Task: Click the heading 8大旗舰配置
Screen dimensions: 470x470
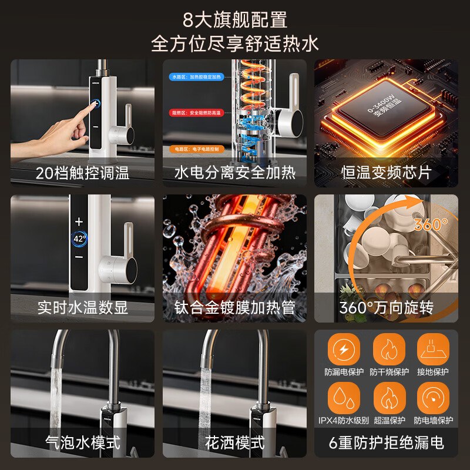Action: [x=235, y=20]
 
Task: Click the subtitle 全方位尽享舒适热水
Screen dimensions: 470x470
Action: [x=235, y=44]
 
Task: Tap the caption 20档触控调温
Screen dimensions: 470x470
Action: [x=82, y=173]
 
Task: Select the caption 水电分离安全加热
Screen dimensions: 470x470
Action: [x=234, y=173]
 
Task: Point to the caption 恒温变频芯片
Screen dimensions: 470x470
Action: [x=386, y=173]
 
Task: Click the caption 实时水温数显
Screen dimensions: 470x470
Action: [x=82, y=307]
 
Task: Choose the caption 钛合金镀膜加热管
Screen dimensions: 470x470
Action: [x=234, y=307]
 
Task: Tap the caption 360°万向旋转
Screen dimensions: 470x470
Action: [x=386, y=307]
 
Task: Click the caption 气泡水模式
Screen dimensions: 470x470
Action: [x=82, y=442]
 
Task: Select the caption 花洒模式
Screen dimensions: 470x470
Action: [x=234, y=442]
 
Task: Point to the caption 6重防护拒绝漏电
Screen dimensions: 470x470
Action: [x=386, y=442]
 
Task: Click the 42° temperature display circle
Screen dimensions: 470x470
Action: [x=79, y=239]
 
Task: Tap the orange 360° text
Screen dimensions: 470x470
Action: [x=431, y=224]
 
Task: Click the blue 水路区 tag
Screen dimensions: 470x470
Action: [x=177, y=76]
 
